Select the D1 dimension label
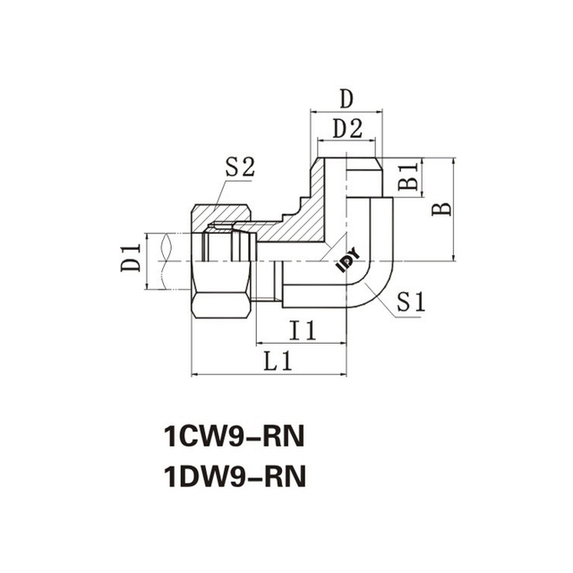pyautogui.click(x=132, y=261)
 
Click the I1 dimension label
pyautogui.click(x=303, y=331)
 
